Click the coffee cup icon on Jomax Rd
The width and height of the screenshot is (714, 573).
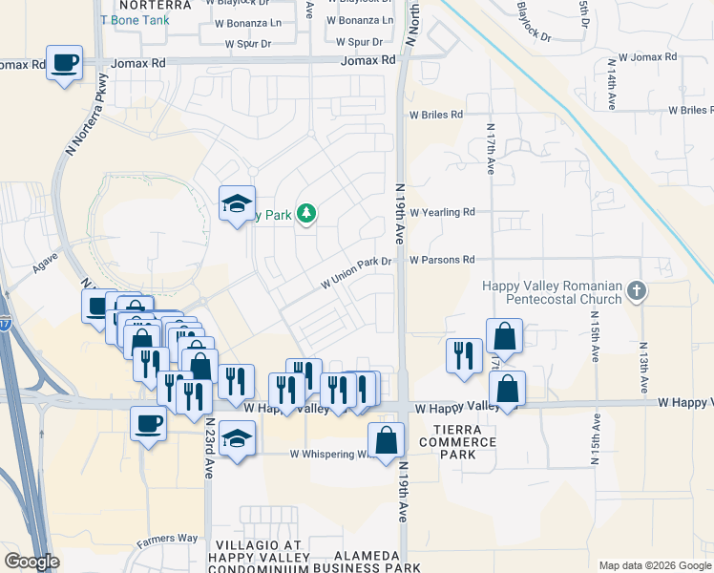(65, 63)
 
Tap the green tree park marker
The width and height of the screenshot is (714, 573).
(306, 213)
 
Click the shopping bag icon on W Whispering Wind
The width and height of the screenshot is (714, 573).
(386, 440)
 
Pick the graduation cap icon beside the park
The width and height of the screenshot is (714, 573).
(237, 203)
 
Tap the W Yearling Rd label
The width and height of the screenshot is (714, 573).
(442, 213)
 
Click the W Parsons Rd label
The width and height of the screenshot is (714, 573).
(442, 260)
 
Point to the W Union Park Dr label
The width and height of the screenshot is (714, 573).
(357, 273)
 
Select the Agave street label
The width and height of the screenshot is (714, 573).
(45, 263)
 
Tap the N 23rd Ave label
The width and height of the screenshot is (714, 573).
(208, 443)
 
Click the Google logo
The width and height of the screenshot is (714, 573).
(31, 562)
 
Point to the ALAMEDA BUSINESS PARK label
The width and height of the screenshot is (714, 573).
(378, 562)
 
